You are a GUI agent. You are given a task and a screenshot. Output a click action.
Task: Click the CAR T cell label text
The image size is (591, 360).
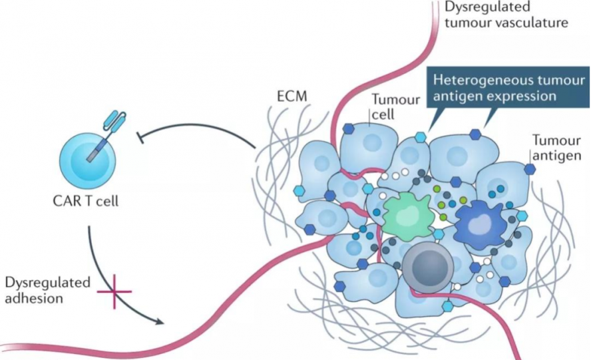coord(84,200)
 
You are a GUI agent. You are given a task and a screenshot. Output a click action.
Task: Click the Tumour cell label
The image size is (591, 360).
coord(395,107)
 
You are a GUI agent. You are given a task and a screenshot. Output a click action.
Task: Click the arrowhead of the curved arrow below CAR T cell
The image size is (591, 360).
coord(160,322)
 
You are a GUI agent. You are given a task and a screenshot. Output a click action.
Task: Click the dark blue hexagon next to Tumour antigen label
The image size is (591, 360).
coord(530,170)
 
